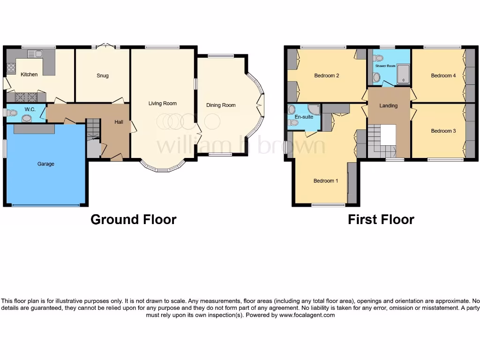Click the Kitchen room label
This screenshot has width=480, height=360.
(x=29, y=75)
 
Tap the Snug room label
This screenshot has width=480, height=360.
(x=103, y=75)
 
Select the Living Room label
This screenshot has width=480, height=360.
(x=162, y=104)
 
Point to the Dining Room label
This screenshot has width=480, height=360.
(x=221, y=105)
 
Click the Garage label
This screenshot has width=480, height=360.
(x=46, y=164)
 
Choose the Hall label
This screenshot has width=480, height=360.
(x=119, y=122)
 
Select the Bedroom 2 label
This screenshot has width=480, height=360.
(x=327, y=75)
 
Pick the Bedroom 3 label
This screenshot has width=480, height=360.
(x=443, y=131)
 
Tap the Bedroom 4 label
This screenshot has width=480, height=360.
(x=443, y=75)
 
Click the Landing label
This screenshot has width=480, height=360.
(x=389, y=106)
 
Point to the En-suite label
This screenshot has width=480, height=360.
(x=304, y=117)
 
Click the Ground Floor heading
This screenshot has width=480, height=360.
(x=133, y=219)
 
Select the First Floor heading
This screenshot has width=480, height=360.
(x=381, y=219)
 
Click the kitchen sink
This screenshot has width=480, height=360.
(x=35, y=54)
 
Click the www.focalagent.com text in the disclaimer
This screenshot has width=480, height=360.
(x=307, y=315)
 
